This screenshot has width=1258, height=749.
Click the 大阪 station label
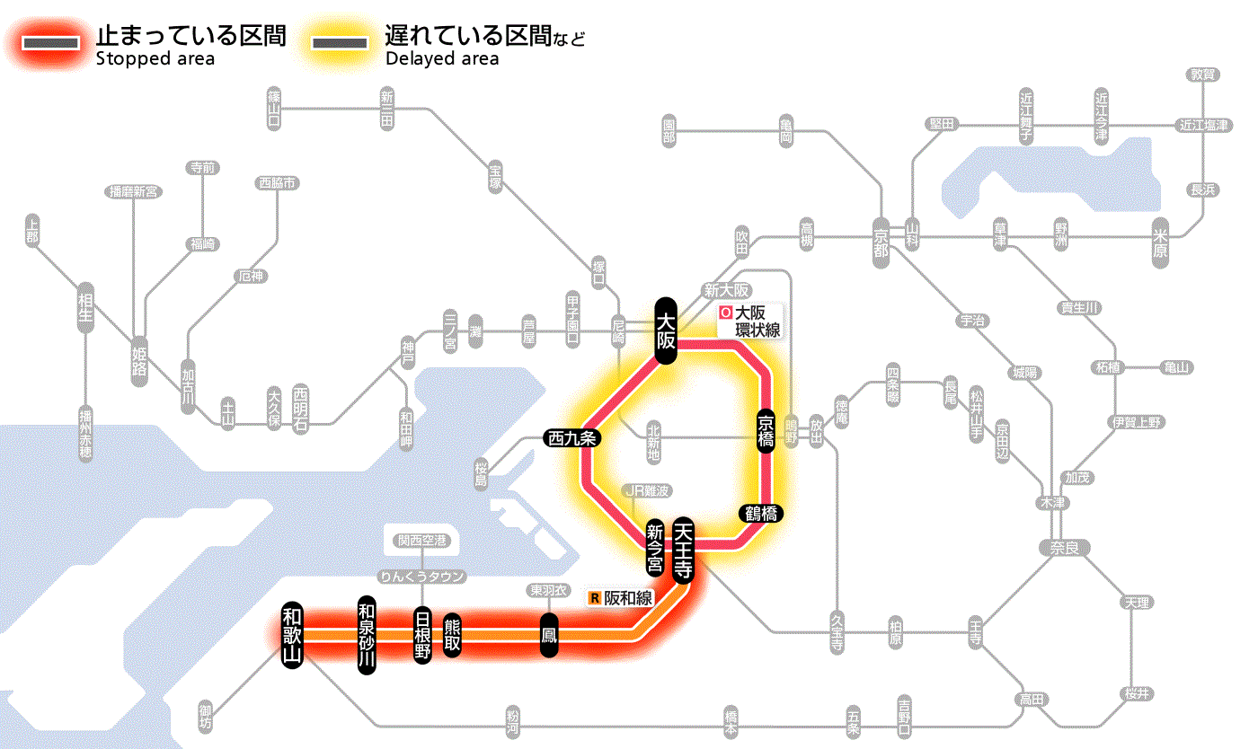(x=665, y=330)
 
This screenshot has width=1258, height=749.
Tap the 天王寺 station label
(x=683, y=551)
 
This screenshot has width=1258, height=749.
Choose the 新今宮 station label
(x=655, y=547)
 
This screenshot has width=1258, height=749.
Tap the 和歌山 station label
(x=291, y=634)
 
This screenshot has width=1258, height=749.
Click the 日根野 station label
(x=422, y=635)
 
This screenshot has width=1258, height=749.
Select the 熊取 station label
(x=452, y=635)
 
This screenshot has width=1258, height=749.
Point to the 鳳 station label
(x=548, y=635)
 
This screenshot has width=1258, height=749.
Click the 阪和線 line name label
(x=621, y=598)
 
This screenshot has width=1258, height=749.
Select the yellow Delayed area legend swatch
(x=339, y=42)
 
